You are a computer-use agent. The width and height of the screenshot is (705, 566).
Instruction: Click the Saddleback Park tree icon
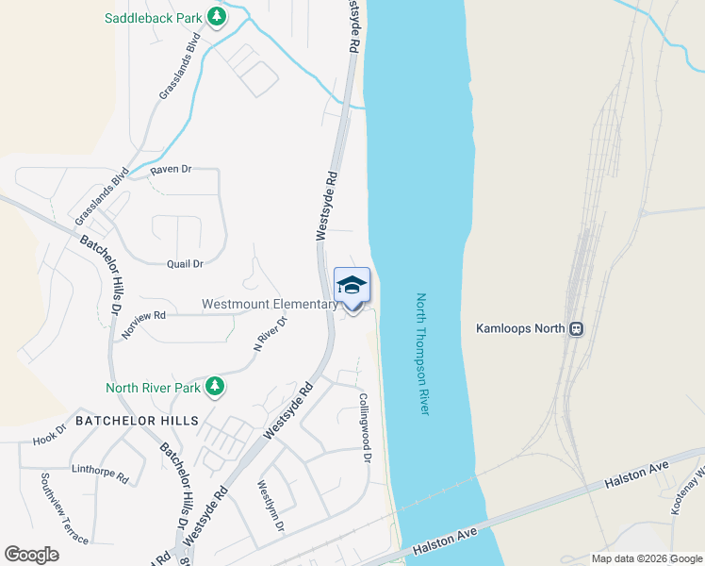point(217,17)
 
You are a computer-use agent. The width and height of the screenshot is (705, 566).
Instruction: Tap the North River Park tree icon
point(215,386)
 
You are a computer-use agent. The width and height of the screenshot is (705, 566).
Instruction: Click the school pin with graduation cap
point(352,286)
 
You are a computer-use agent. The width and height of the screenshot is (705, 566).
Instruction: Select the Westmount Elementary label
point(270,305)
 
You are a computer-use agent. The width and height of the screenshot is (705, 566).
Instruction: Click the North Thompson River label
point(422,354)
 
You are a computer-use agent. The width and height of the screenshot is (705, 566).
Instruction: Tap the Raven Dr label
point(171,170)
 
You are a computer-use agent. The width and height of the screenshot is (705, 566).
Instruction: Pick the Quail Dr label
point(185,264)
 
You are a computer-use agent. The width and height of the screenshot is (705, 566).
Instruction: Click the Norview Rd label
point(143,324)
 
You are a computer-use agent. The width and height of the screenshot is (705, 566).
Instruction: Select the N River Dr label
point(270,333)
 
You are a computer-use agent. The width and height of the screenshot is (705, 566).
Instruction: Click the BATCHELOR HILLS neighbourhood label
point(137,420)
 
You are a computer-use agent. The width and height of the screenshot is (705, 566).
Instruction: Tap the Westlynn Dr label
point(271,506)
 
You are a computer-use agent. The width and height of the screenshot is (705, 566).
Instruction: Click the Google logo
point(31,555)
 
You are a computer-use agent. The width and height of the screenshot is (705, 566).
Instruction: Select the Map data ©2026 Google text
point(646,558)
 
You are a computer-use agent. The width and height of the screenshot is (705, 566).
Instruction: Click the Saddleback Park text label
point(154,17)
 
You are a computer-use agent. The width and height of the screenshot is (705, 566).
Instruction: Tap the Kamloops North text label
point(520,329)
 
